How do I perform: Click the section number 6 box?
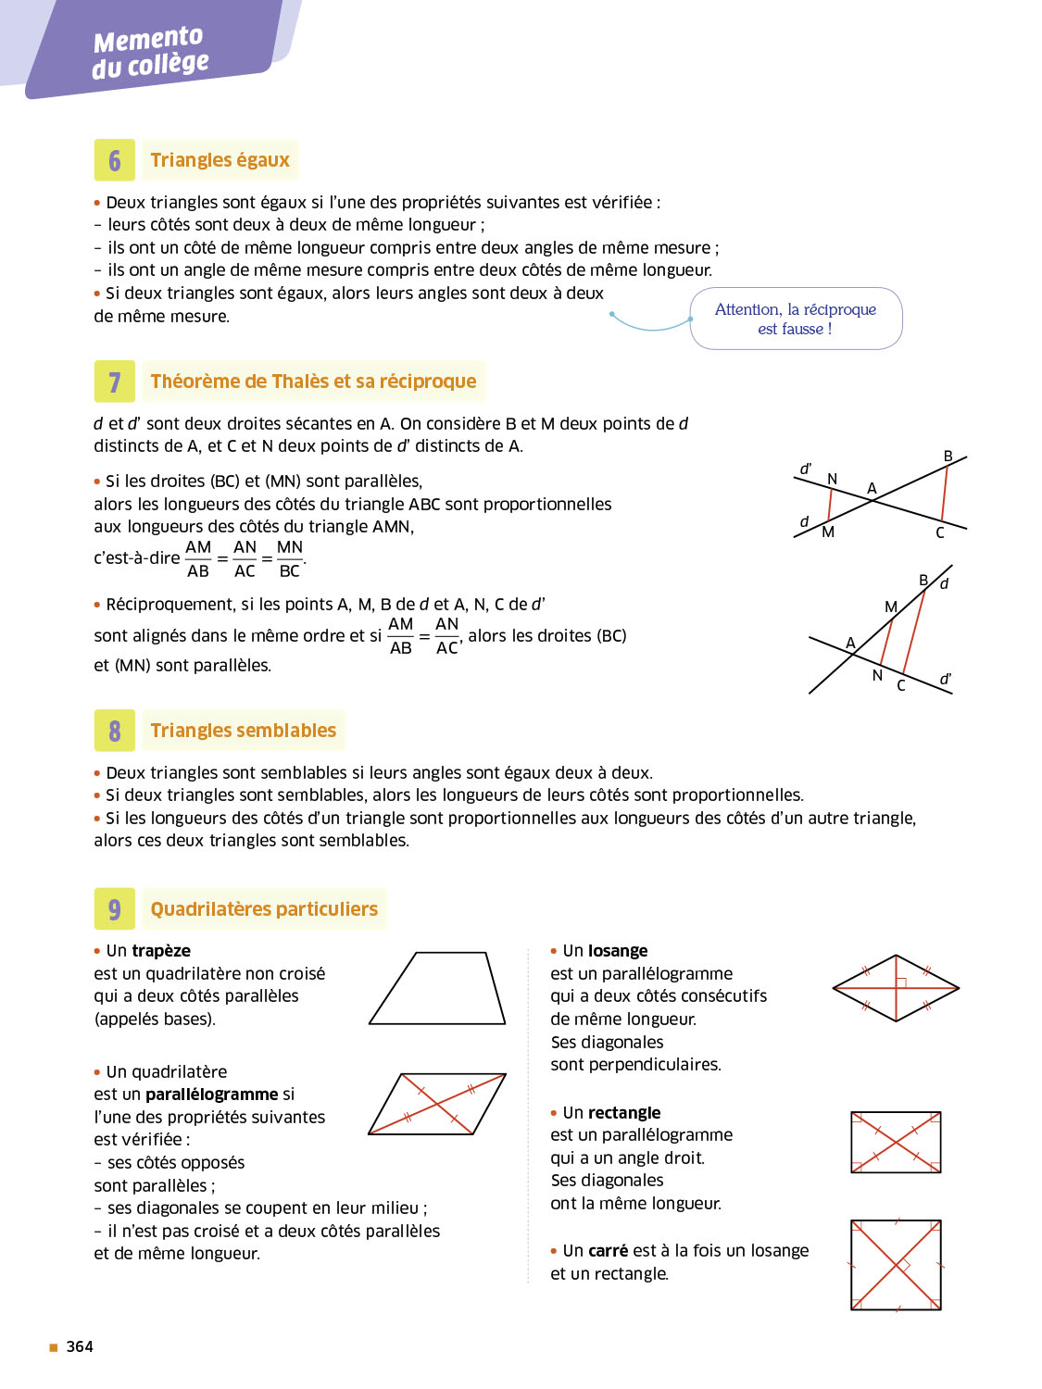[x=115, y=160]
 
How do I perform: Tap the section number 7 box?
[x=115, y=382]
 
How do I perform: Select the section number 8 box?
[x=115, y=731]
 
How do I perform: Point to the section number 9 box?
[x=115, y=909]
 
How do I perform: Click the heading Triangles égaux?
[x=220, y=160]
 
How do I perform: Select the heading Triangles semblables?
[x=243, y=731]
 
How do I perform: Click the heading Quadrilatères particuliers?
[x=264, y=909]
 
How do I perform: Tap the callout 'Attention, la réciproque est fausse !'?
[x=796, y=319]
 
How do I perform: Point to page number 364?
[x=80, y=1346]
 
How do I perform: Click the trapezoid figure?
[x=437, y=988]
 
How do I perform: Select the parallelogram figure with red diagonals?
[x=437, y=1104]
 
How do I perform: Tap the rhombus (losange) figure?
[x=896, y=988]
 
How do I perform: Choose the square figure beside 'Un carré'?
[x=896, y=1265]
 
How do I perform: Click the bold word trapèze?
[x=161, y=951]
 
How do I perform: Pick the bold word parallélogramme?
[x=225, y=1095]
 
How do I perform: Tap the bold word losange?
[x=618, y=951]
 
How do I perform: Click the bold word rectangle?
[x=624, y=1113]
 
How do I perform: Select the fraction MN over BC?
[x=290, y=559]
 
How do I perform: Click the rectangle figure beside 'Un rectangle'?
[x=896, y=1143]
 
